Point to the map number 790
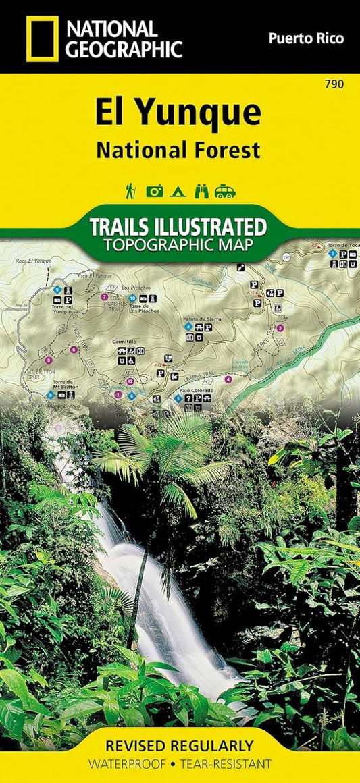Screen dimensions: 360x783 (333, 84)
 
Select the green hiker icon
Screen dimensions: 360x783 (130, 192)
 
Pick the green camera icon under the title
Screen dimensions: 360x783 (155, 192)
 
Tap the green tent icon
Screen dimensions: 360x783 (178, 192)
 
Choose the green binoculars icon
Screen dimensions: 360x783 (201, 192)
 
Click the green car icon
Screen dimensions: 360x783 (225, 192)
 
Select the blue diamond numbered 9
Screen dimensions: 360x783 (58, 290)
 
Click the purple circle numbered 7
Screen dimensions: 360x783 (104, 297)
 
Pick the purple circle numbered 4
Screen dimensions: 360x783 (228, 379)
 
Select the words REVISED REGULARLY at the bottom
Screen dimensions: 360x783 (180, 745)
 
